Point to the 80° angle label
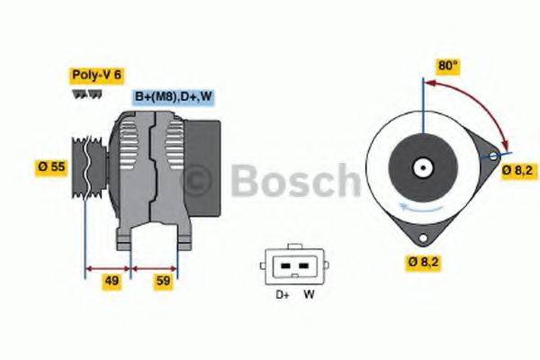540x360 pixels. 447,66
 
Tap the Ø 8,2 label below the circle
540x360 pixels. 422,263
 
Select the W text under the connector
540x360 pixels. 309,295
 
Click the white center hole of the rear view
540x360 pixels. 420,166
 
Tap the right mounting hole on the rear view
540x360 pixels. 493,157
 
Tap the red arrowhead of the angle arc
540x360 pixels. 505,147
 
